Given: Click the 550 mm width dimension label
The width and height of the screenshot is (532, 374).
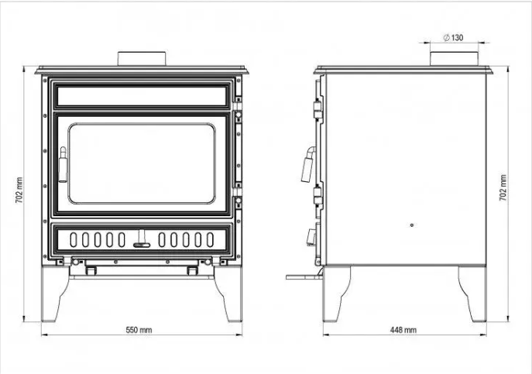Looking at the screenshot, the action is (139, 330).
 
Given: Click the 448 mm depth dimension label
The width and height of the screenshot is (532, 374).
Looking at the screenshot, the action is (403, 330).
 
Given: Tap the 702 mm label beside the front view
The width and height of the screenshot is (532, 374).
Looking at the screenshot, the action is (19, 190).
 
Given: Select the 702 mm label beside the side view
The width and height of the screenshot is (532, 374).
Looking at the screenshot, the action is (503, 187).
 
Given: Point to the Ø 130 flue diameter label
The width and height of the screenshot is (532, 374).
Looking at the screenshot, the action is (453, 38).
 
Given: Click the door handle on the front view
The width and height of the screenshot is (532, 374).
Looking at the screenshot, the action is (63, 165).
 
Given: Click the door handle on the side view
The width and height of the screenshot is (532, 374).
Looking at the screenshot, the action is (308, 165).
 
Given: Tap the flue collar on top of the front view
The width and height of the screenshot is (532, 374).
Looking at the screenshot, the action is (142, 59).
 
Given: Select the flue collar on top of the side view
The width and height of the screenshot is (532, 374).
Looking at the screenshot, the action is (455, 59).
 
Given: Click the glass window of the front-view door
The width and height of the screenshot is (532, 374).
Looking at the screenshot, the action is (142, 163).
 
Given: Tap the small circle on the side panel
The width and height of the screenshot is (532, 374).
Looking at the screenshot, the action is (412, 225).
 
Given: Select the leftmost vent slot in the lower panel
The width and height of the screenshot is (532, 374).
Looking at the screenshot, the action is (74, 239).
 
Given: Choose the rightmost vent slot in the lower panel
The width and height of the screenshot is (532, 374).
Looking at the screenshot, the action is (210, 239).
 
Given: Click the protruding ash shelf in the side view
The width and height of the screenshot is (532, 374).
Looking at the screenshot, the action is (304, 277).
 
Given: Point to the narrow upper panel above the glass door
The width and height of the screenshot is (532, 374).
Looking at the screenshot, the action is (142, 96).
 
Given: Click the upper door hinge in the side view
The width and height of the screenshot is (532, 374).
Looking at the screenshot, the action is (318, 108).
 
